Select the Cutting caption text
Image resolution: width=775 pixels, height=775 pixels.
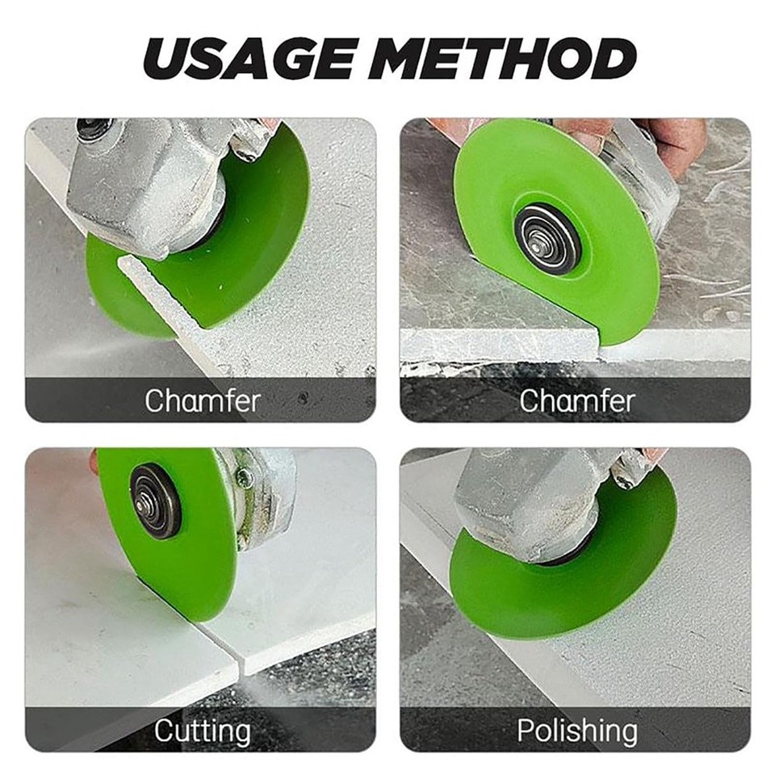click(x=202, y=731)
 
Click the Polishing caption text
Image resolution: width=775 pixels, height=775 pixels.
click(x=576, y=731)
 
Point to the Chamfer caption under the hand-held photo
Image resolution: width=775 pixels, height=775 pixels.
click(x=576, y=400)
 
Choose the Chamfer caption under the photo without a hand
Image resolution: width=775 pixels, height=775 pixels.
click(x=202, y=400)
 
